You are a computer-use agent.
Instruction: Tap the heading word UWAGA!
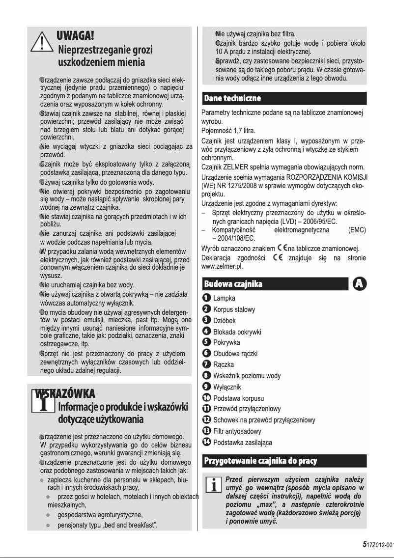[75, 35]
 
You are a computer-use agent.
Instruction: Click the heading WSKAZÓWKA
[64, 393]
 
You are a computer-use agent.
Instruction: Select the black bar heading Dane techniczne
[233, 99]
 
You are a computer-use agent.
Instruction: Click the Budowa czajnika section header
[233, 284]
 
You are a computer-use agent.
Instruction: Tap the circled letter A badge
[360, 284]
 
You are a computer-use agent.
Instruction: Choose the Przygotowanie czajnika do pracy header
[260, 461]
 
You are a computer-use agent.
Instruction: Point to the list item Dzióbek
[225, 320]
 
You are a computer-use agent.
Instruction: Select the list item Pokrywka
[227, 342]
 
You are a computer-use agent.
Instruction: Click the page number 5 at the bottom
[364, 545]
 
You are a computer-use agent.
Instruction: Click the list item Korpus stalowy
[234, 309]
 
